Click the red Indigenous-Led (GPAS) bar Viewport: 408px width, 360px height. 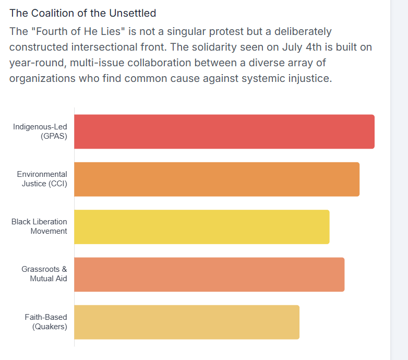pos(224,131)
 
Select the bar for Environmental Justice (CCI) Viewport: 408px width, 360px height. pos(217,179)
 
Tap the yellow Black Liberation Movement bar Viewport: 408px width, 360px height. pos(201,226)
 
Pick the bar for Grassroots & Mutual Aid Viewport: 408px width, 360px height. pos(209,274)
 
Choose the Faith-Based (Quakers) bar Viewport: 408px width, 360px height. pos(187,322)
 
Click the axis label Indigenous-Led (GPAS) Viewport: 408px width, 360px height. pos(40,131)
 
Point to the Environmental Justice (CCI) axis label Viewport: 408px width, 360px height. pos(42,179)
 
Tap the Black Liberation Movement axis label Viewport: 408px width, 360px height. pos(39,226)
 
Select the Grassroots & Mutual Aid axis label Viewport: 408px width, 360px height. pos(44,274)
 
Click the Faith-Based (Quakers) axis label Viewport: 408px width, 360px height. pos(46,322)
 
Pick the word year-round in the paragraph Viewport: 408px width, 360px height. pos(34,63)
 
